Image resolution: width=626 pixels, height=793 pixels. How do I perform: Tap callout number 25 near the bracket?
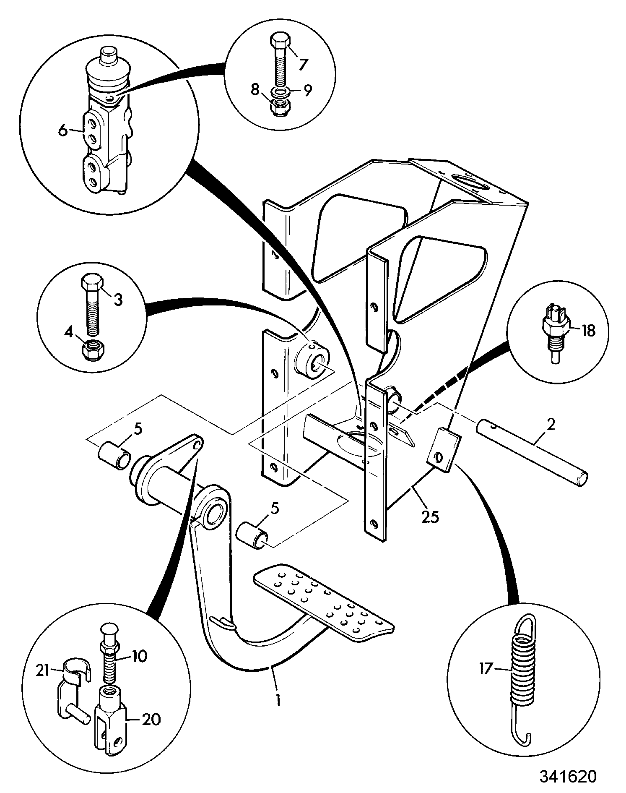[x=431, y=517]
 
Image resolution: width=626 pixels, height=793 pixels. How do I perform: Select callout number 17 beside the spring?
[x=486, y=668]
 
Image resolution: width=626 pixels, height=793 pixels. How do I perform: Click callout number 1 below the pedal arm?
[x=278, y=700]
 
